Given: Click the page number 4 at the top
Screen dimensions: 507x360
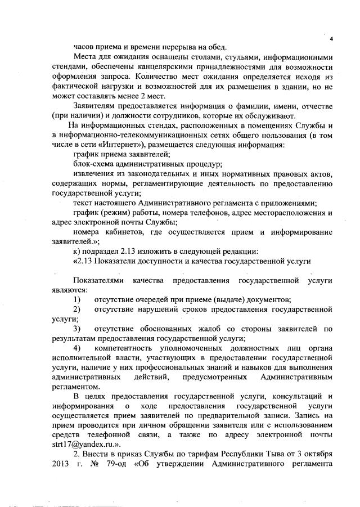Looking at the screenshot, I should click(331, 38).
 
